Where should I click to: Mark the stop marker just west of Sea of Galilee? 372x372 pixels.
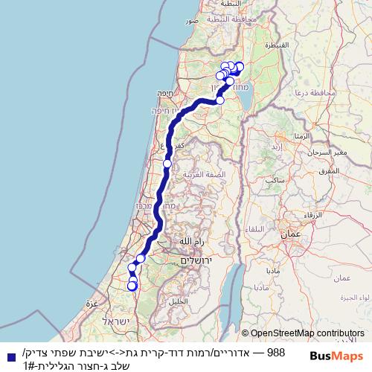(x=220, y=100)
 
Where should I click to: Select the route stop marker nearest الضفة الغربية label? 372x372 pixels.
(x=167, y=164)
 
